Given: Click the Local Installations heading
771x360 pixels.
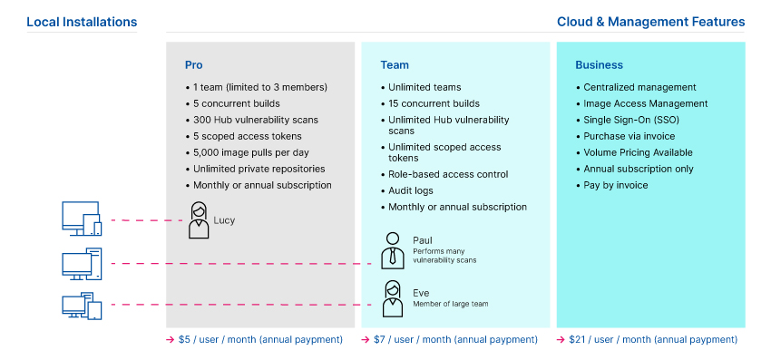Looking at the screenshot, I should coord(82,21).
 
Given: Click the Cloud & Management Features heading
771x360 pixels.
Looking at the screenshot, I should coord(650,21).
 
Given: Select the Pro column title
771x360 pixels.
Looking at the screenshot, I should coord(194,65).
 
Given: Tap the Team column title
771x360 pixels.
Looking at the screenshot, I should coord(395,65).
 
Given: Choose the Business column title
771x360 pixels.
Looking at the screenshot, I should coord(599,65).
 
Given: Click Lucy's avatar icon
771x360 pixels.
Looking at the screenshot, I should coord(199,220).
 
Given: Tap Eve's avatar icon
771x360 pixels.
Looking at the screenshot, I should coord(392,299).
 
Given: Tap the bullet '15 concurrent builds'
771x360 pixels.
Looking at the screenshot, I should coord(434,103).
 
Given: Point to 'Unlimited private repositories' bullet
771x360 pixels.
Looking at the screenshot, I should coord(259,169).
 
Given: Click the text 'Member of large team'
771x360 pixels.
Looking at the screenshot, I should coord(451,304).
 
